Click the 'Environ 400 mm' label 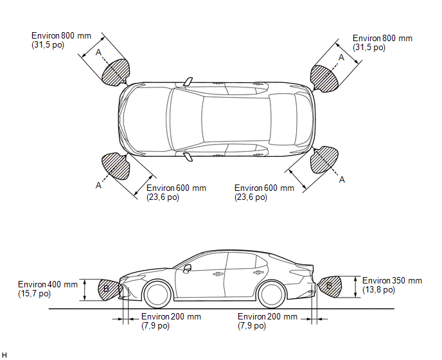pyautogui.click(x=48, y=284)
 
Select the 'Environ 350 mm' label pyautogui.click(x=392, y=281)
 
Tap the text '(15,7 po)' pyautogui.click(x=35, y=294)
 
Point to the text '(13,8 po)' pyautogui.click(x=378, y=290)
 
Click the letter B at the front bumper pyautogui.click(x=106, y=289)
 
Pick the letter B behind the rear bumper pyautogui.click(x=329, y=285)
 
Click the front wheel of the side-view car pyautogui.click(x=157, y=294)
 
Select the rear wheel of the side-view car pyautogui.click(x=272, y=294)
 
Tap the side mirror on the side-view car pyautogui.click(x=187, y=268)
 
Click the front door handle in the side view pyautogui.click(x=217, y=274)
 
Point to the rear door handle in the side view pyautogui.click(x=258, y=273)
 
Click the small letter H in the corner pyautogui.click(x=4, y=355)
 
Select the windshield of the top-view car pyautogui.click(x=186, y=120)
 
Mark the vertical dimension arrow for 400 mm pyautogui.click(x=85, y=290)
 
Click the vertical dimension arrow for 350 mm pyautogui.click(x=356, y=287)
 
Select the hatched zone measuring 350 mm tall pyautogui.click(x=330, y=286)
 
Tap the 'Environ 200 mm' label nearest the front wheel pyautogui.click(x=171, y=316)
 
